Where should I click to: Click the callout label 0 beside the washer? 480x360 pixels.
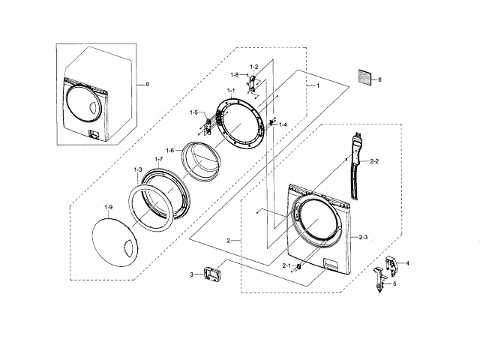coord(147,84)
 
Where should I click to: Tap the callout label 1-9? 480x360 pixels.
coord(109,206)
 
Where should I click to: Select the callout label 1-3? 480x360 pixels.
coord(138,170)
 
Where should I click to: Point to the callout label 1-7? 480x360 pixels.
coord(158,159)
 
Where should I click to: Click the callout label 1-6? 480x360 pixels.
coord(170,150)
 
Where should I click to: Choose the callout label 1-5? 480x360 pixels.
coord(194,112)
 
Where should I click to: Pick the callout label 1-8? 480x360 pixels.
coord(235,74)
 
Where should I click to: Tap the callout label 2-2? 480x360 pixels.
coord(374,161)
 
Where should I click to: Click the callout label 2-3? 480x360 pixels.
coord(362,237)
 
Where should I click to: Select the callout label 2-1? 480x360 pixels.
coord(286,265)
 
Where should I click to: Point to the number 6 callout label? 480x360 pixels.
coord(379,79)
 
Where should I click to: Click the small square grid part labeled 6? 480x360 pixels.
coord(364,77)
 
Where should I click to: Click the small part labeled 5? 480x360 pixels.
coord(382,282)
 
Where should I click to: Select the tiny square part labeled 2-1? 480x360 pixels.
coord(299,265)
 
